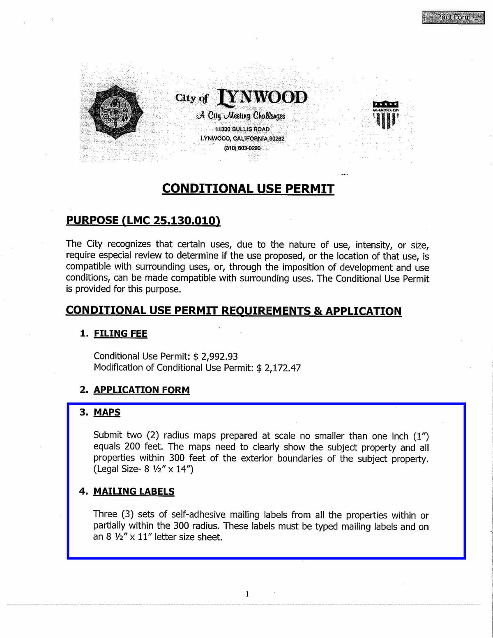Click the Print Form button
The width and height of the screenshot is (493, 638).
pos(453,18)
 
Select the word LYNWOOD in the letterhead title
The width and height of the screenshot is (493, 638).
pos(263,97)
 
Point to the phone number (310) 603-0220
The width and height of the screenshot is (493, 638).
pos(242,148)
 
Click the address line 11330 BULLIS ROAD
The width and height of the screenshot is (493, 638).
pos(242,129)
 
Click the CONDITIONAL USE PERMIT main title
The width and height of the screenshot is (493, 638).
pos(248,189)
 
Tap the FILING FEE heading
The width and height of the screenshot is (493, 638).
pos(120,334)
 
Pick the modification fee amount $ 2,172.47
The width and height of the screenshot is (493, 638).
pos(279,368)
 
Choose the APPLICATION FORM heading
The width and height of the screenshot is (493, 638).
pos(142,390)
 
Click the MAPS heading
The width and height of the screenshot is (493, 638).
pos(107,412)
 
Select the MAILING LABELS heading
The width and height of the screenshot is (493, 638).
pos(134,491)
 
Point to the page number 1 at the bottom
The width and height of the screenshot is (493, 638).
pos(247,594)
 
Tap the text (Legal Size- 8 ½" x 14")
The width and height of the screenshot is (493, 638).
pos(143,469)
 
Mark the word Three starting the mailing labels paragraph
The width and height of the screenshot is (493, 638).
pos(105,514)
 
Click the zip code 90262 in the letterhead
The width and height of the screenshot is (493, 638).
pos(276,138)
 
